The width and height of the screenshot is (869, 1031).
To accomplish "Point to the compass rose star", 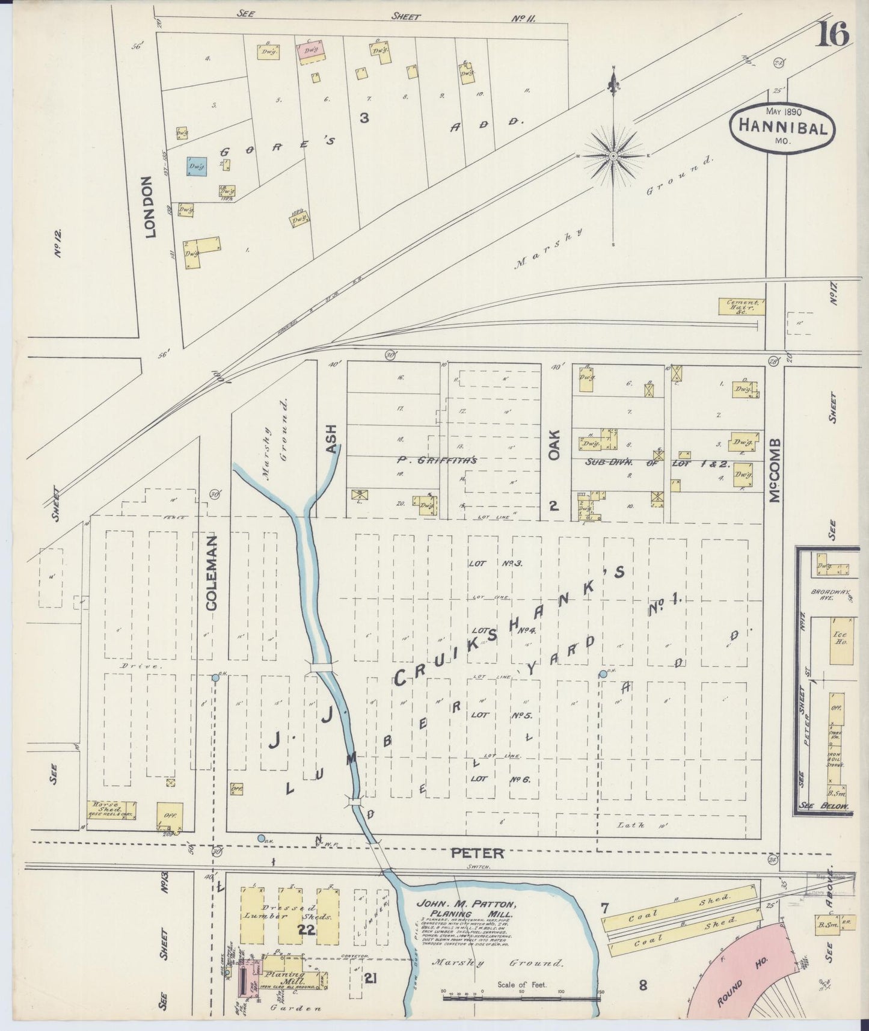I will pos(613,156).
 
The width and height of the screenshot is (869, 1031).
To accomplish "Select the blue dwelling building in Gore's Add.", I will pos(197,165).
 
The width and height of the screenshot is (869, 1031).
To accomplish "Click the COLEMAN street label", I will pos(211,573).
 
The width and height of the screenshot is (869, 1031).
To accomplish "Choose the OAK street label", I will pos(553,445).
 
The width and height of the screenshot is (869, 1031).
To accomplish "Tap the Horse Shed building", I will pos(112,810).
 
